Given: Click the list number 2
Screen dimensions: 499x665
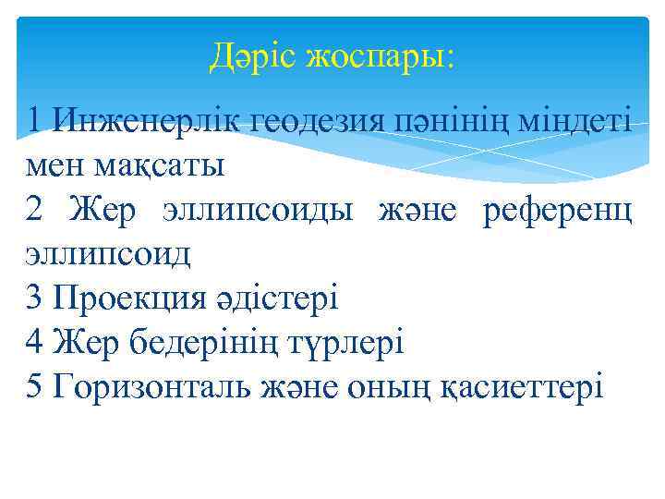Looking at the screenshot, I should (x=36, y=211).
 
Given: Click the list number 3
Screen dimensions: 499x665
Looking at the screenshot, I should (x=36, y=298).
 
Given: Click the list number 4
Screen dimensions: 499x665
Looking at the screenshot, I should (x=36, y=343).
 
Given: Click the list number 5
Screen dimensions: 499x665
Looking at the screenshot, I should (x=36, y=386).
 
